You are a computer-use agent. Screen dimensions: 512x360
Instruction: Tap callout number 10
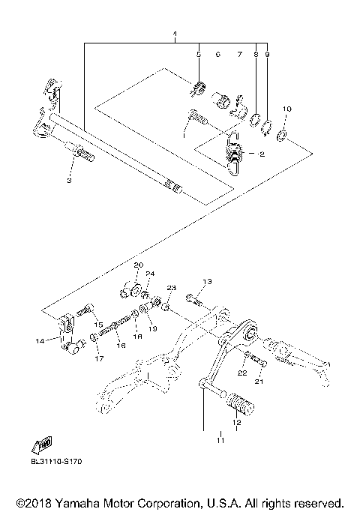(286, 109)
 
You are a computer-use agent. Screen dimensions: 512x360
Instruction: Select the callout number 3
(69, 181)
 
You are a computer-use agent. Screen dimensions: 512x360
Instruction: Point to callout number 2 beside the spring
(262, 154)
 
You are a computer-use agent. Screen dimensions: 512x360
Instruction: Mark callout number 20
(138, 265)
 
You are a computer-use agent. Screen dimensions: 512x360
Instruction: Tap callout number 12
(236, 423)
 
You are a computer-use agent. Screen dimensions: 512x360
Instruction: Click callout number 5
(199, 55)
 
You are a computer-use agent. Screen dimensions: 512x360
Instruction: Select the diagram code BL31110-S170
(56, 462)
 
